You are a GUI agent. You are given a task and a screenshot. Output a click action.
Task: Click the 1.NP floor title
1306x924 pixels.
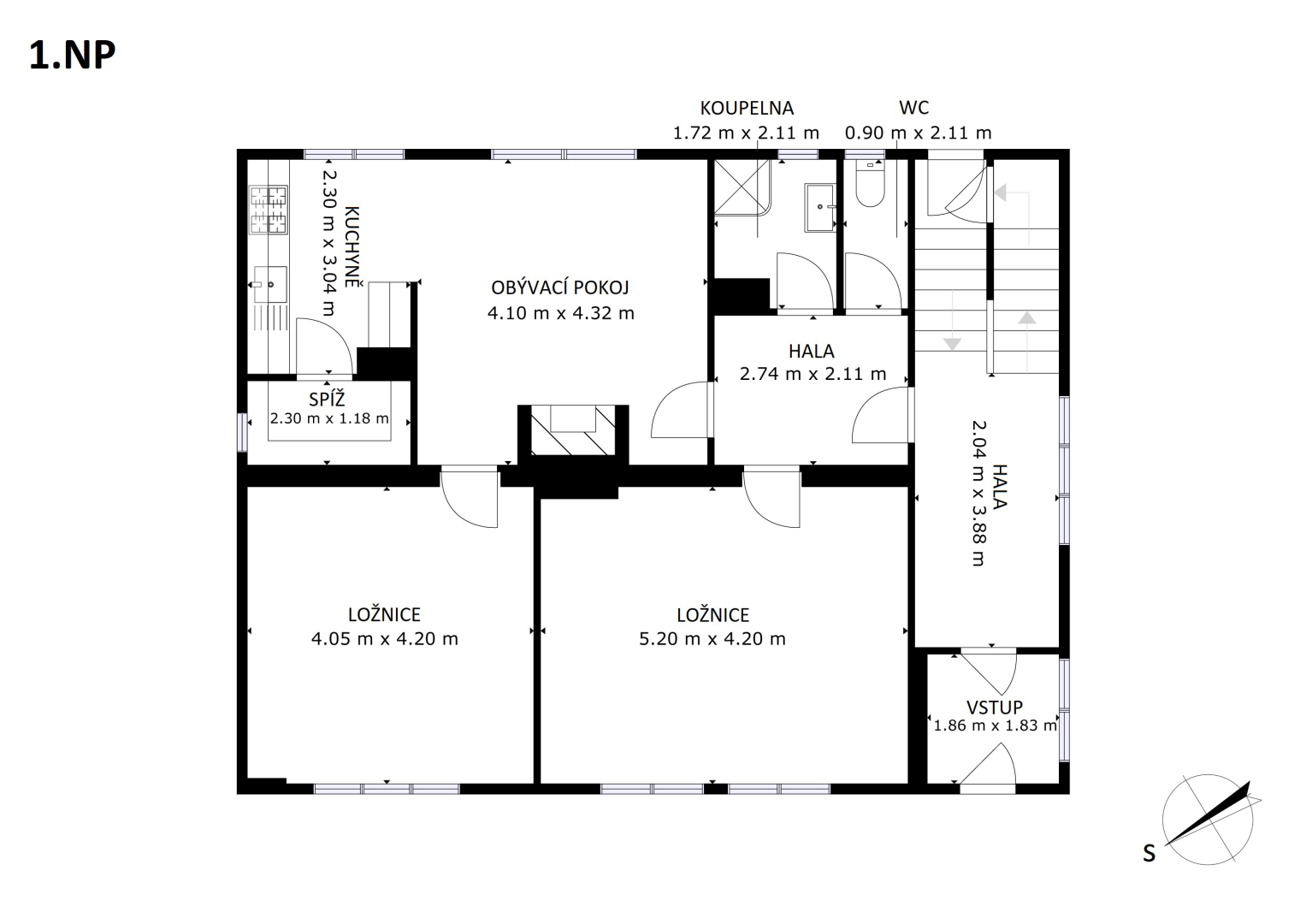coord(73,56)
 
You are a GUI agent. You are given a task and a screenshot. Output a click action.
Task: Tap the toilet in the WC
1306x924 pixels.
coord(870,183)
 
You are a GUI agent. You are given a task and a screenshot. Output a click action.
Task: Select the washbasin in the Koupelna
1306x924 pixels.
coord(819,208)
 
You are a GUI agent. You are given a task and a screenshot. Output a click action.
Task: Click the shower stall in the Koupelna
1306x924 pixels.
coord(743,187)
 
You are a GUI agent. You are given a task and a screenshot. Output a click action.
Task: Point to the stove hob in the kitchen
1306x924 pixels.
coord(269,210)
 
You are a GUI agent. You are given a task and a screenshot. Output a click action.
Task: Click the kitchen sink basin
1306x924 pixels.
coord(270,285)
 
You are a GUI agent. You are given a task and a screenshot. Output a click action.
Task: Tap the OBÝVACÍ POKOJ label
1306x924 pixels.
coord(560,287)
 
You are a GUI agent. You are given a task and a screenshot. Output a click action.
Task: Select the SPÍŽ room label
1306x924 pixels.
coord(327,400)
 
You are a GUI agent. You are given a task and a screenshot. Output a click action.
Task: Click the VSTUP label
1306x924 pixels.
coord(995,708)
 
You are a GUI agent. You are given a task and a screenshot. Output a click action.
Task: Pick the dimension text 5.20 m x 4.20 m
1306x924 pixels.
coord(712,639)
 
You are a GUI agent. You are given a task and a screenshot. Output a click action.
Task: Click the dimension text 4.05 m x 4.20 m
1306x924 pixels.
coord(385,639)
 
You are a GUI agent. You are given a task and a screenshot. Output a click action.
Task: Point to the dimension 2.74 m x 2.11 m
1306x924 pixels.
coord(813,374)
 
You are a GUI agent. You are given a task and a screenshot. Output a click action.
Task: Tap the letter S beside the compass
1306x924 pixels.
coord(1149,854)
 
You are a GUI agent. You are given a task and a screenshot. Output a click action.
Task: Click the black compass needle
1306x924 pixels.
coord(1208,813)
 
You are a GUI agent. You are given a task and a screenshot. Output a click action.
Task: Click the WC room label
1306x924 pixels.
coord(913,108)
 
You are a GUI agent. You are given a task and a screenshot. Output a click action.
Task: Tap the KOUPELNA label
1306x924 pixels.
coord(747,109)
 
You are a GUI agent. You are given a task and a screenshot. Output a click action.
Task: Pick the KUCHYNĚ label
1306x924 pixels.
coord(352,246)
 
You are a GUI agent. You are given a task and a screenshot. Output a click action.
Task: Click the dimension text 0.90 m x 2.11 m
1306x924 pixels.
coord(919,133)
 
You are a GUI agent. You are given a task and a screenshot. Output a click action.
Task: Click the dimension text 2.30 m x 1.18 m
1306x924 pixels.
coord(329,418)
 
